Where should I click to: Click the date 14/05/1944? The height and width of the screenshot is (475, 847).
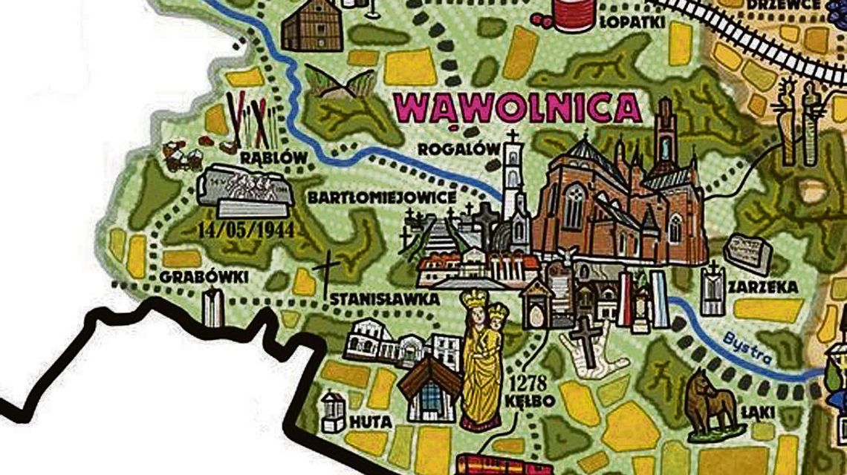(x=245, y=229)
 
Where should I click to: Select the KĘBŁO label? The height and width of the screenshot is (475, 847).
(x=529, y=402)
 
